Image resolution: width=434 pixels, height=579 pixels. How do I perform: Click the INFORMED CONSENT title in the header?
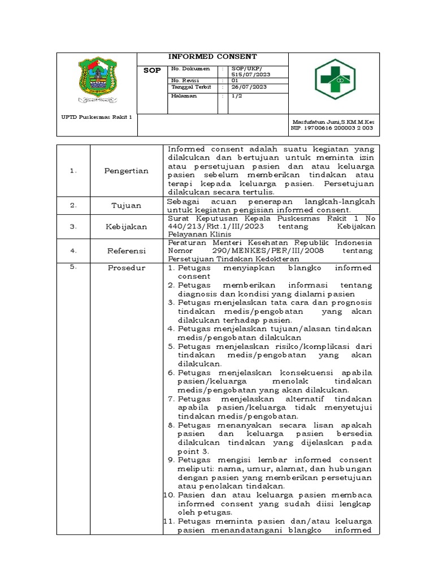[213, 57]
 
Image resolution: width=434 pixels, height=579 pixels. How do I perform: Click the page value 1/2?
[237, 96]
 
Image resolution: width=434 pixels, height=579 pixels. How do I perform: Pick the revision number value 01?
[235, 80]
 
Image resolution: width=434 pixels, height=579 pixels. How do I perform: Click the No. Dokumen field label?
[190, 68]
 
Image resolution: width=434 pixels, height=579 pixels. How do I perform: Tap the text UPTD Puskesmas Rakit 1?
[96, 118]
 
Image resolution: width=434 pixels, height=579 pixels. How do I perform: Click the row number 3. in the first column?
[73, 227]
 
